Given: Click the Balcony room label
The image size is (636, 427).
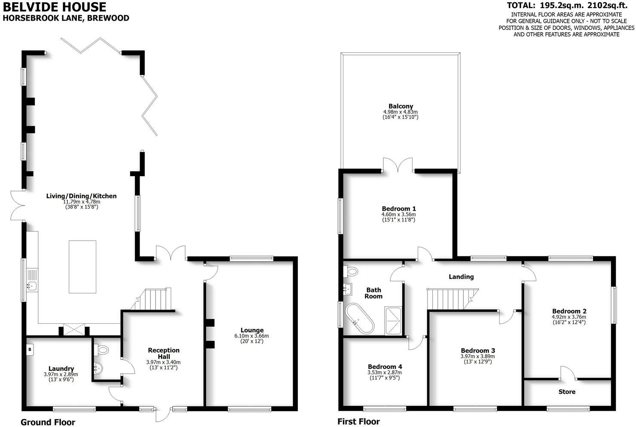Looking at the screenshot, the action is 401,106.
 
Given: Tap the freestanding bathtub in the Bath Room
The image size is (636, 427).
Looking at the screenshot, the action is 359,319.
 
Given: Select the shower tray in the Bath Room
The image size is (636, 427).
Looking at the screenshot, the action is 393,320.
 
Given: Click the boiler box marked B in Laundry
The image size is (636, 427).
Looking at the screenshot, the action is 30,350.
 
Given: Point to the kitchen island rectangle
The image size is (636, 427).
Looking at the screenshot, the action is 83,267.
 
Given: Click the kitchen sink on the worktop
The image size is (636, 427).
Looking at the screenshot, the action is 32,286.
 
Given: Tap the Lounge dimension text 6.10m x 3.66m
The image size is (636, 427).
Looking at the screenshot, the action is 251,336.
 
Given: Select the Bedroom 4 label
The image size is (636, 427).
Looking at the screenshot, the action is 385,367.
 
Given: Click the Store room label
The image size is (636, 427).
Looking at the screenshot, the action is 567,392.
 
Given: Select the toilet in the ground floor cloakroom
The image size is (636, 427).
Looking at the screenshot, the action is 101,350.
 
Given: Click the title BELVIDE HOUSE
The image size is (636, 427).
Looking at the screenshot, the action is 55,7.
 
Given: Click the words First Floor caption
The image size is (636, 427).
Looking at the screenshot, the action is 358,421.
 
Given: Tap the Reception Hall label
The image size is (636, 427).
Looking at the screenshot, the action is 164,353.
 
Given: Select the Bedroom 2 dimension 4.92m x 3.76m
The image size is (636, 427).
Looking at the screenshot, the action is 569,317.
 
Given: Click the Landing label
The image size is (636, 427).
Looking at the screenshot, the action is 461,277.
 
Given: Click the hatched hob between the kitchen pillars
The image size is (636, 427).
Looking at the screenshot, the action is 74,329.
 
